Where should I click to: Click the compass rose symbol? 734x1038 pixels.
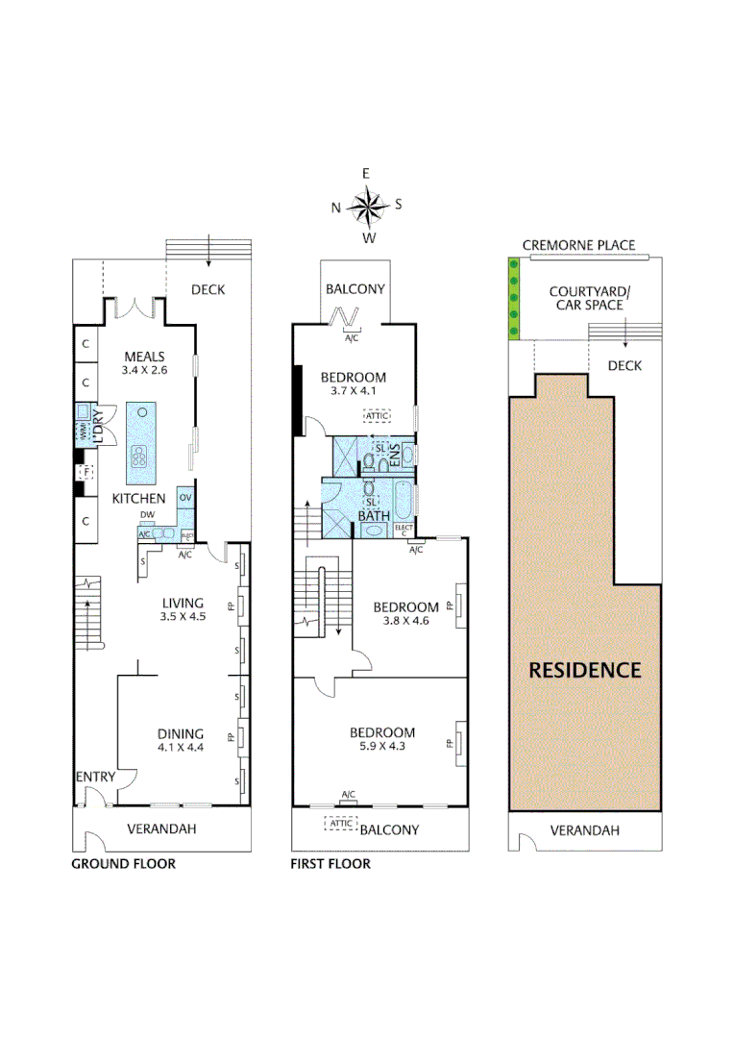(366, 205)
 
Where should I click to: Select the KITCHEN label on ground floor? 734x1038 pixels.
(139, 499)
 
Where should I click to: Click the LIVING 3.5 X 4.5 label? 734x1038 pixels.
(183, 610)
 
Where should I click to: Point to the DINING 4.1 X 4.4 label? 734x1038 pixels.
(181, 741)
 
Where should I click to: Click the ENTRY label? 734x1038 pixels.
(95, 777)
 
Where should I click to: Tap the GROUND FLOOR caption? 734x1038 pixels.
(124, 864)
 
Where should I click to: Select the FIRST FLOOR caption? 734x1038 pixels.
(330, 864)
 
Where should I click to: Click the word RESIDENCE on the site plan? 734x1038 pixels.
(584, 670)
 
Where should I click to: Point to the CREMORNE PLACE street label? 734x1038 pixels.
(578, 245)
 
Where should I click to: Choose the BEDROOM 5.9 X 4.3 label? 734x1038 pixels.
(382, 738)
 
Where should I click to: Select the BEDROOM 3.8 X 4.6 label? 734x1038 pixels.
(405, 613)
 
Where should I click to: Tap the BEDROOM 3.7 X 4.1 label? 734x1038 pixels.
(354, 383)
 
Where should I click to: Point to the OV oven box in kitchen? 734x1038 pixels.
(185, 498)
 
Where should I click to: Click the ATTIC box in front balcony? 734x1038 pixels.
(340, 824)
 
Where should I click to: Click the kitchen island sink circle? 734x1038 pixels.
(142, 411)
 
